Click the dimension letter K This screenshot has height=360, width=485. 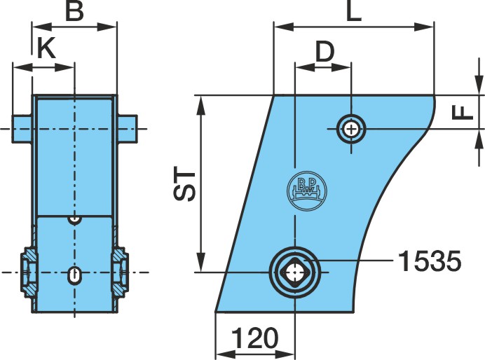(x=46, y=48)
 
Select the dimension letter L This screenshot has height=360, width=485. (x=354, y=12)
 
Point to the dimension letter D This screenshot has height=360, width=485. (x=325, y=52)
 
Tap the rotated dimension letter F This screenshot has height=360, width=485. (x=463, y=113)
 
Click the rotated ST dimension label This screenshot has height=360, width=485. (x=184, y=184)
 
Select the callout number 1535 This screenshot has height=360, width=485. (x=430, y=261)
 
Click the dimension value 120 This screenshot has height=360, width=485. (x=255, y=338)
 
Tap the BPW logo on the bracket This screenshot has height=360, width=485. (x=307, y=191)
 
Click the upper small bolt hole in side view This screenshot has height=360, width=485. (x=351, y=129)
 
